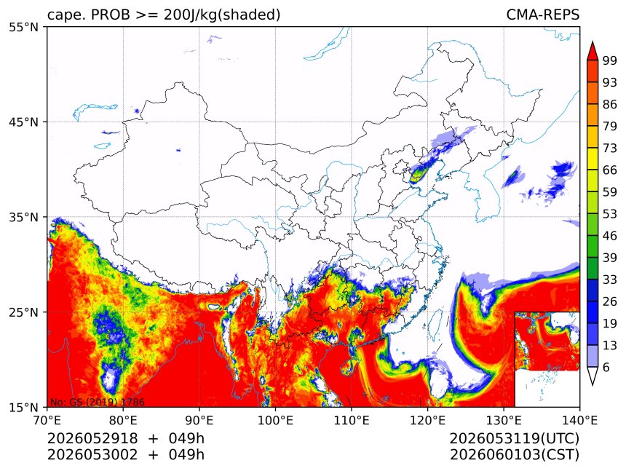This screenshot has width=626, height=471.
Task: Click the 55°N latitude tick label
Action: pyautogui.click(x=24, y=27)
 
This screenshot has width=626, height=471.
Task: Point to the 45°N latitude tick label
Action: pyautogui.click(x=24, y=122)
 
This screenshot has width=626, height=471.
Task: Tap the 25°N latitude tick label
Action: pyautogui.click(x=24, y=312)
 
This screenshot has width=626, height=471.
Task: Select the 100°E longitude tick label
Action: pyautogui.click(x=275, y=420)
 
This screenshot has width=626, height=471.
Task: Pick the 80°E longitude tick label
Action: pyautogui.click(x=123, y=420)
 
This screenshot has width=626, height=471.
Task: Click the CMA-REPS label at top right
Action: pyautogui.click(x=542, y=15)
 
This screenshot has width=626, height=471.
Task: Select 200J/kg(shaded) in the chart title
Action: pyautogui.click(x=222, y=15)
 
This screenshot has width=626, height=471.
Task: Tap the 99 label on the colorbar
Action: pyautogui.click(x=610, y=60)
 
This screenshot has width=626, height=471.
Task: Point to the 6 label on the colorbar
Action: pyautogui.click(x=606, y=367)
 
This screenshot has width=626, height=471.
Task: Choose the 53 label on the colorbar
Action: pyautogui.click(x=610, y=214)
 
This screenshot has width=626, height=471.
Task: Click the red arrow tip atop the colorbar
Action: pyautogui.click(x=592, y=41)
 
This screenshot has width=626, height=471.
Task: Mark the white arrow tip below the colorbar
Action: pyautogui.click(x=592, y=385)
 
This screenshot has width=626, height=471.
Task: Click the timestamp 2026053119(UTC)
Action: pyautogui.click(x=514, y=438)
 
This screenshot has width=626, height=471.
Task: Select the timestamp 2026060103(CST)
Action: pyautogui.click(x=514, y=455)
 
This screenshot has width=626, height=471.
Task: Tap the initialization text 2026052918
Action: pyautogui.click(x=92, y=438)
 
